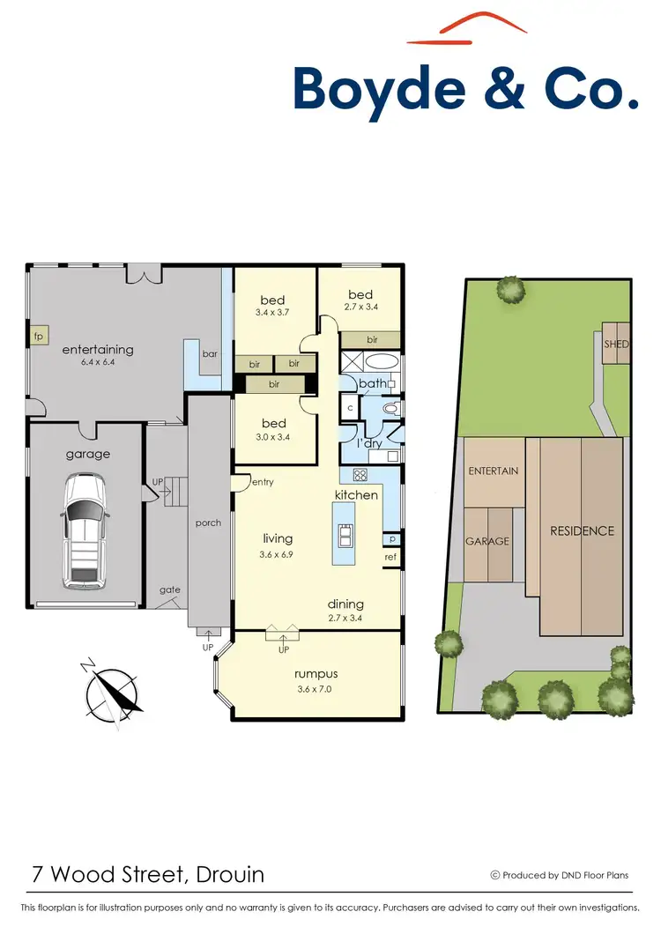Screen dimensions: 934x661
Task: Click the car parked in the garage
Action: pos(85,532)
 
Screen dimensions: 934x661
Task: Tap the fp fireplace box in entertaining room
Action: pos(38,337)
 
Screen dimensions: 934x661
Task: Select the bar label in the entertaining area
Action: pos(210,353)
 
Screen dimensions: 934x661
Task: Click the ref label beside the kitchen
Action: pos(390,557)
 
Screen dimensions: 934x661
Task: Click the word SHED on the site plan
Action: pos(616,345)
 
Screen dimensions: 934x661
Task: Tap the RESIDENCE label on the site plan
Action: pos(582,530)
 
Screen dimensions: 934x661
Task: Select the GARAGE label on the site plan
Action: pos(487,541)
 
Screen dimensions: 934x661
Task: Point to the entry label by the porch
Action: pos(263,482)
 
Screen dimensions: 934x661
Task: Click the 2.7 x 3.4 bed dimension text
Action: pos(360,308)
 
